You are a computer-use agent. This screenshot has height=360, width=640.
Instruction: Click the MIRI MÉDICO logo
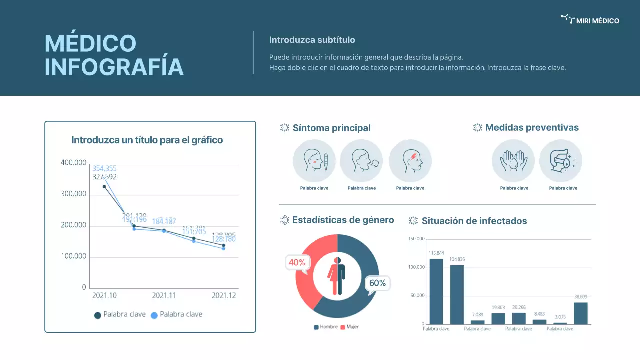coord(590,20)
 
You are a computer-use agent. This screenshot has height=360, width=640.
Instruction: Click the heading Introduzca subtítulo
coord(312,40)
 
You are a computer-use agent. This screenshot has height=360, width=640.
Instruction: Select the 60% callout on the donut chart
coord(377,283)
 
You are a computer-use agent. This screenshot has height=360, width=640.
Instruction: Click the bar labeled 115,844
coord(436,291)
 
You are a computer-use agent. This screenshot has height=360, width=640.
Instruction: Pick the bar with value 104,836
coord(457,294)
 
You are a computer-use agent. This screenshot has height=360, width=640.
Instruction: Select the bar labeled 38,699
coord(581,313)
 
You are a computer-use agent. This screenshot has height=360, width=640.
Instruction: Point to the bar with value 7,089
coord(478,322)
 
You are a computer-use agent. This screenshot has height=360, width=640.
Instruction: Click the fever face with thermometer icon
coord(314,161)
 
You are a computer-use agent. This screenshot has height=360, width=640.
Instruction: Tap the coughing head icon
coord(361,161)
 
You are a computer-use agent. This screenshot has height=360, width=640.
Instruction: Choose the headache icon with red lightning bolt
coord(410,161)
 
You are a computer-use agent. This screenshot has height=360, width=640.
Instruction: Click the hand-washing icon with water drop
coord(513,161)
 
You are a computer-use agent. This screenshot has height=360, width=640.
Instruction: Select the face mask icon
coord(561,161)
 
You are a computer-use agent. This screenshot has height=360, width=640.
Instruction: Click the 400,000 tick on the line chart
coord(73,163)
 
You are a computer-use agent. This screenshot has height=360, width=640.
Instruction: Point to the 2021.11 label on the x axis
coord(164,295)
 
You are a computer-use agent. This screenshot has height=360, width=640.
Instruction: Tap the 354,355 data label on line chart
coord(104,168)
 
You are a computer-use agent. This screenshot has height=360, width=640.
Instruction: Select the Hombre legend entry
coord(326,327)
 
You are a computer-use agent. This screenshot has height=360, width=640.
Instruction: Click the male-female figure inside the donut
coord(336,276)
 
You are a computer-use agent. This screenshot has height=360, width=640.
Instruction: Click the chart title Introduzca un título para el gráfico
coord(147,140)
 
